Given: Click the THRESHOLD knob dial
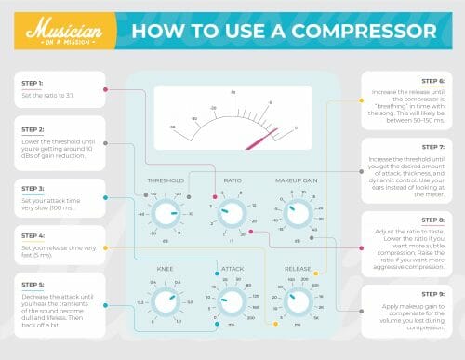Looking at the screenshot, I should click(x=166, y=216).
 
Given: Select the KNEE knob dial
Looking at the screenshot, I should click(x=166, y=301).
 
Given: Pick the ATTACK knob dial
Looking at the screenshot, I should click(x=232, y=301).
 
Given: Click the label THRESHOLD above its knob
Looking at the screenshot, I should click(x=166, y=180).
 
